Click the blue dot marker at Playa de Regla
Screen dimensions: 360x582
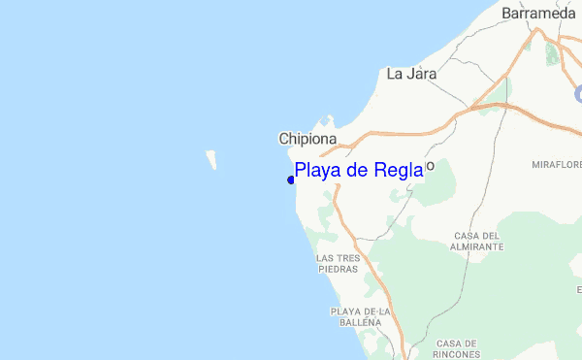(x=291, y=180)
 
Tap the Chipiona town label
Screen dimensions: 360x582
(x=307, y=139)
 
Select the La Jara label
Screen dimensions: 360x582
(x=411, y=73)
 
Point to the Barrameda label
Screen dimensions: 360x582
(x=538, y=14)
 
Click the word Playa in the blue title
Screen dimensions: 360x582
(x=317, y=172)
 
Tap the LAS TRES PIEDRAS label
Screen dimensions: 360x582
(x=339, y=264)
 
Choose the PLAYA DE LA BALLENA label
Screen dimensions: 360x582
(x=359, y=316)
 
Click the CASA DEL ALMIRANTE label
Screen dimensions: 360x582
(x=478, y=241)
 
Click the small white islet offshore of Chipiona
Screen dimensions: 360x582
(x=210, y=159)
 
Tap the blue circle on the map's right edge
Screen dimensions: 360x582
(x=578, y=91)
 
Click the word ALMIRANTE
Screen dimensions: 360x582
(x=478, y=247)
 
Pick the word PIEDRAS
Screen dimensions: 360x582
(x=339, y=271)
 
